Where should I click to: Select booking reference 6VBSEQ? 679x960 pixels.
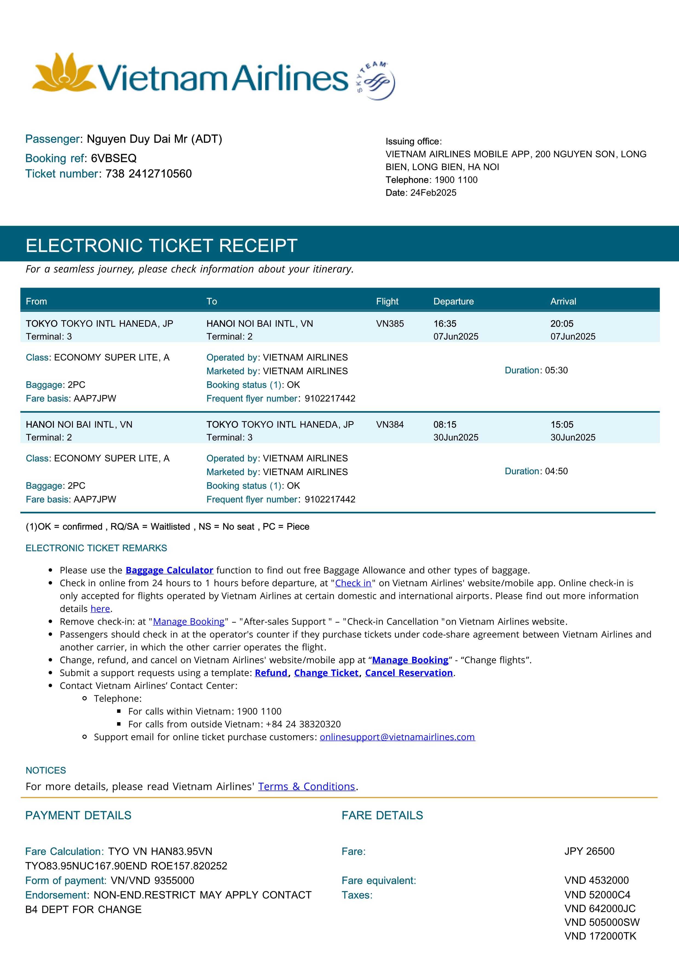(114, 158)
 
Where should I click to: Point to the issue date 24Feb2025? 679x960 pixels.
(433, 193)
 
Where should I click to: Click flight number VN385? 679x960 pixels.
(390, 324)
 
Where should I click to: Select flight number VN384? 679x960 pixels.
(390, 424)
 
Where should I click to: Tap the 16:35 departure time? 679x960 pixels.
(445, 324)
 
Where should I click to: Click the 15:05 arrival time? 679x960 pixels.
(562, 424)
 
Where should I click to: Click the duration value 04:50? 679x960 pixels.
(556, 471)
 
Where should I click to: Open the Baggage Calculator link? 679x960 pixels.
(169, 570)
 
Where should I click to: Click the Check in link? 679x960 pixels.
(353, 583)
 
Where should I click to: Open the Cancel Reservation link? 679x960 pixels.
(409, 673)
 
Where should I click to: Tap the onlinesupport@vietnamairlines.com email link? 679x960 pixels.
(397, 737)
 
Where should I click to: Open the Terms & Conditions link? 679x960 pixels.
(307, 786)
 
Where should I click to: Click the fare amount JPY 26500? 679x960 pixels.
(589, 851)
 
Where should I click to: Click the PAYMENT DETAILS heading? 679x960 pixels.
(78, 815)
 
